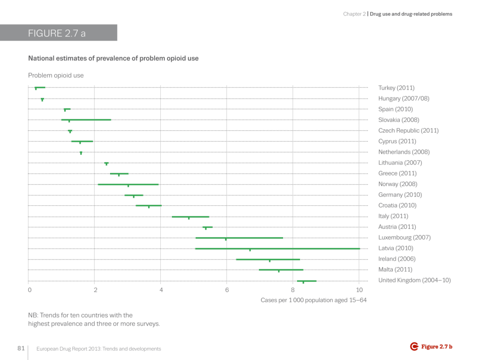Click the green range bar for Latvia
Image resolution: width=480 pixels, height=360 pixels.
point(277,248)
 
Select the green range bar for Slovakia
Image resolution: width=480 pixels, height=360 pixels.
point(86,120)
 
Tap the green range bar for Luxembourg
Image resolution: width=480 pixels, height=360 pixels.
point(239,238)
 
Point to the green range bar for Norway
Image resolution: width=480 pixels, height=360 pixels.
point(128,184)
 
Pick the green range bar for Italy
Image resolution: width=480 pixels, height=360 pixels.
point(190,217)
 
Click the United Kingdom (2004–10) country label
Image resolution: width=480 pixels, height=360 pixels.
point(414,280)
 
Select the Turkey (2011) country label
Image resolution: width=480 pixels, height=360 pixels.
point(396,88)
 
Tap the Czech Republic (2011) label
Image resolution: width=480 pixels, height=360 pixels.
point(408,130)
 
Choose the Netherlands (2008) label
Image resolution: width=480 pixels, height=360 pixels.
point(404,152)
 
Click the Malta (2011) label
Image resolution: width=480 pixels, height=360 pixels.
point(395,270)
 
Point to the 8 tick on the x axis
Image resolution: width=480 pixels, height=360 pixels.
point(293,290)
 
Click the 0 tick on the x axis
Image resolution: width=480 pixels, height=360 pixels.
point(29,290)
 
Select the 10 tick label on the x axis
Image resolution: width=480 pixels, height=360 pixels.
point(359,290)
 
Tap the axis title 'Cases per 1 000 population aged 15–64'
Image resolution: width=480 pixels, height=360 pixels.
point(314,300)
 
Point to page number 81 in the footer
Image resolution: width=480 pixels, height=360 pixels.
point(21,349)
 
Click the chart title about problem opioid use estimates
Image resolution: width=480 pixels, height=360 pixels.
point(113,59)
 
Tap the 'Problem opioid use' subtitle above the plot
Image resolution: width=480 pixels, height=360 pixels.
point(56,75)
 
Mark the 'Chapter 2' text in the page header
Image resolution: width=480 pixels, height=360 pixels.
point(354,14)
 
